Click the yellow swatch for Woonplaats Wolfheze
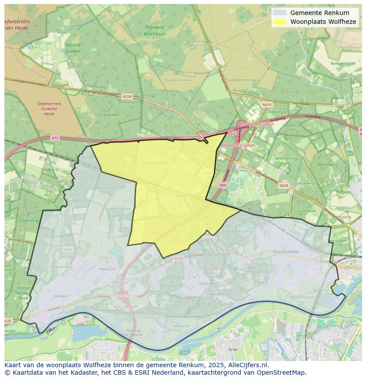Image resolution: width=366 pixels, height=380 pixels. (279, 22)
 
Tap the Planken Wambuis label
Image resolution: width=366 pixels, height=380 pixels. (154, 30)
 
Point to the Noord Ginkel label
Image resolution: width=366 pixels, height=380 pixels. (73, 48)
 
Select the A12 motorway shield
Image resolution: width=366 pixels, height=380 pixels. (55, 138)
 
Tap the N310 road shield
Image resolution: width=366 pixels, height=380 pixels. (267, 105)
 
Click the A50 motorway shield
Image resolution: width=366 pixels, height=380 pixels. (222, 185)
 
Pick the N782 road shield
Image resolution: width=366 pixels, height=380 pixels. (68, 249)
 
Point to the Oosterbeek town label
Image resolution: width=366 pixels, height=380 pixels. (286, 251)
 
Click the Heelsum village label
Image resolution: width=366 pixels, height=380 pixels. (107, 269)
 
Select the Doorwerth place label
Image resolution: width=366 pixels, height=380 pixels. (209, 283)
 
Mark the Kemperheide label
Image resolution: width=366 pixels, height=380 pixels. (343, 64)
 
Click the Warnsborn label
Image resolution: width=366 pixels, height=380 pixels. (327, 165)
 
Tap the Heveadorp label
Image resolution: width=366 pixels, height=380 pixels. (218, 293)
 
